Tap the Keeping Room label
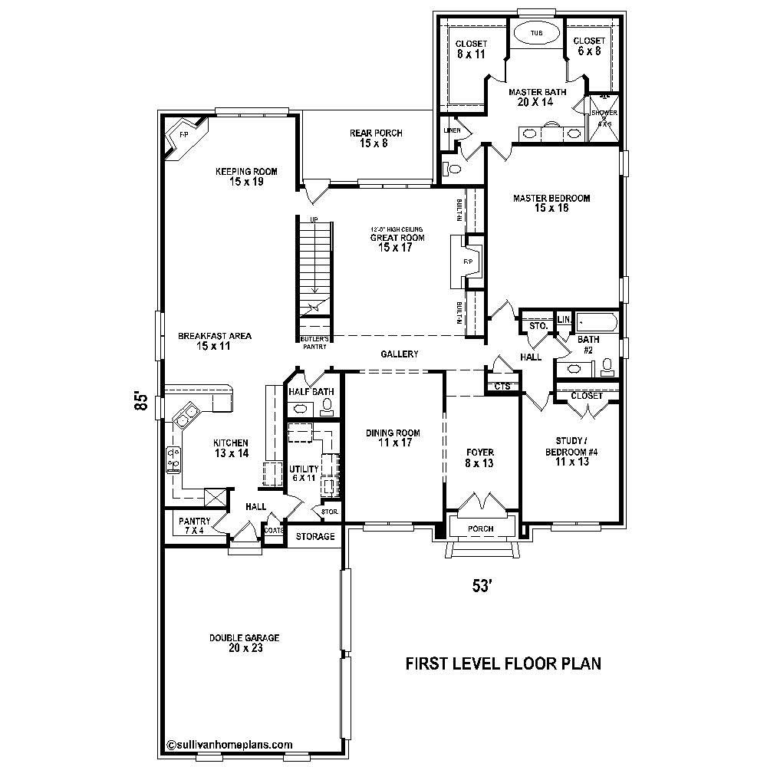click(245, 176)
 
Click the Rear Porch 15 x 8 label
click(376, 138)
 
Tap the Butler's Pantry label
click(314, 343)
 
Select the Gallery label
click(399, 354)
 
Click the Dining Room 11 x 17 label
click(393, 438)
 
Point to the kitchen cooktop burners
click(173, 459)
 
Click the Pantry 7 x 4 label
click(194, 526)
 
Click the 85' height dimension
click(140, 401)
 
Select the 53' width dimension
click(481, 586)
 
